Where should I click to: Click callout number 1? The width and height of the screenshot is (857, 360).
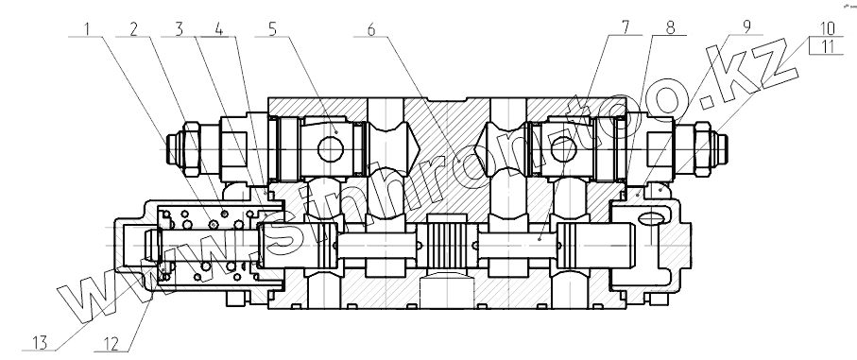pos(87,28)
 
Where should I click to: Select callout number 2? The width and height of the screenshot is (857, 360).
pos(134,28)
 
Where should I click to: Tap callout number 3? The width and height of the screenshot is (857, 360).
pos(180,28)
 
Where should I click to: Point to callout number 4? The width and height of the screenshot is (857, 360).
pos(218,28)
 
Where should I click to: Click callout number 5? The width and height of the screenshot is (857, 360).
pos(273,28)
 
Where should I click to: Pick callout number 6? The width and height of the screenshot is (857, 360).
pos(371,29)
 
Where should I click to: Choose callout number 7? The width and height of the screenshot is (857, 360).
pos(625,26)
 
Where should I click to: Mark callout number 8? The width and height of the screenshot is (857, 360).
pos(670,26)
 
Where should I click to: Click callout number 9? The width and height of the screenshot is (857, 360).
pos(747,26)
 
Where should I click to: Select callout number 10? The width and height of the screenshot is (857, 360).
pos(826,28)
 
